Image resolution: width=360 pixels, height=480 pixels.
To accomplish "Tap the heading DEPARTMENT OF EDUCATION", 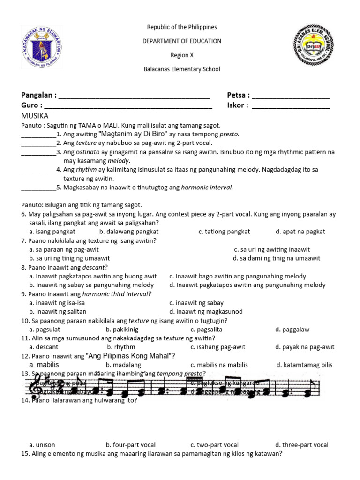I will coord(182,41).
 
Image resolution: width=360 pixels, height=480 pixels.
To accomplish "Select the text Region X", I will coord(182,55).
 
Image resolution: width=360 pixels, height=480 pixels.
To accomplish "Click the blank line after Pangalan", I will coord(134,96).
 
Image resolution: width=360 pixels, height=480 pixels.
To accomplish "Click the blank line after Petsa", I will coord(291,96).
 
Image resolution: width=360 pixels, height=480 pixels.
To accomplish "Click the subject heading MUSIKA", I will coord(35,116).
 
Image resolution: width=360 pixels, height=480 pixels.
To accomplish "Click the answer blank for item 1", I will coord(38,135).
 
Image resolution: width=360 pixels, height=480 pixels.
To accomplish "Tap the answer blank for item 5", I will coord(38,188).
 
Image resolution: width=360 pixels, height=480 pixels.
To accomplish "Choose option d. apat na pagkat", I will coord(300,232).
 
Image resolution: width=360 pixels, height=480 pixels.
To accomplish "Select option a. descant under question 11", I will coord(44,347).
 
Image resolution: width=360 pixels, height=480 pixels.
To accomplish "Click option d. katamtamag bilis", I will coord(304,365).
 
